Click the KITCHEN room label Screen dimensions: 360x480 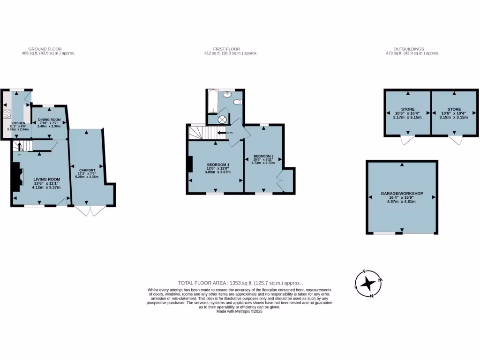[x=19, y=123]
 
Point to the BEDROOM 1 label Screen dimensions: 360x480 [x=218, y=165]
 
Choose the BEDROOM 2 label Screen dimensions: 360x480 [x=263, y=156]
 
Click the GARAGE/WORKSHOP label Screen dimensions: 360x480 [x=402, y=194]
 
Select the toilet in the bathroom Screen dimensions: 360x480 [x=237, y=102]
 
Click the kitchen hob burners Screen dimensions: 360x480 [x=7, y=114]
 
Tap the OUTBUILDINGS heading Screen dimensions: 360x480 [x=409, y=49]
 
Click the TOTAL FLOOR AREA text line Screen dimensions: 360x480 [x=240, y=283]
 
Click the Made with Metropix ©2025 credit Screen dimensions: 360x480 [x=240, y=311]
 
